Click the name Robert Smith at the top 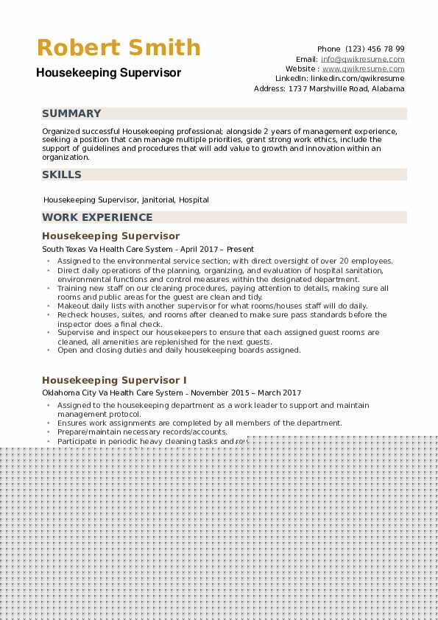[x=119, y=48]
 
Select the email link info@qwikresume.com [x=363, y=59]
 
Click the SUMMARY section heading [x=71, y=113]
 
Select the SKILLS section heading [x=62, y=175]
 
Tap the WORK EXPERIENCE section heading [x=97, y=217]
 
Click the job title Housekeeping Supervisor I [x=114, y=380]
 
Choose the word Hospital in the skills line [x=194, y=200]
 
